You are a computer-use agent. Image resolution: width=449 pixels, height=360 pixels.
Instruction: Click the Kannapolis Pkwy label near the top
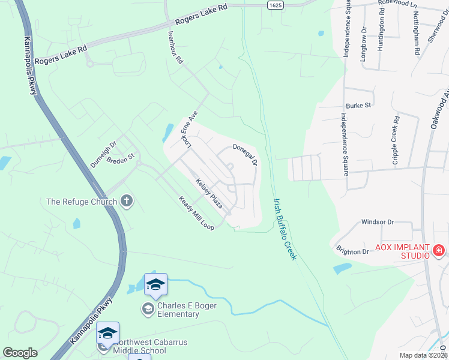(31, 65)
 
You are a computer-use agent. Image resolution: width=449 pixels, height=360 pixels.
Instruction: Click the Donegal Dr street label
(245, 154)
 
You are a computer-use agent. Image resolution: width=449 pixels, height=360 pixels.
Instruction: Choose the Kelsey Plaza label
(209, 193)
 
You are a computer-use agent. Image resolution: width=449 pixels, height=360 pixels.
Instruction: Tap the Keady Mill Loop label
(196, 214)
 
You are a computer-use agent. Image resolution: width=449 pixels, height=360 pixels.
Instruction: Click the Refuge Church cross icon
(127, 201)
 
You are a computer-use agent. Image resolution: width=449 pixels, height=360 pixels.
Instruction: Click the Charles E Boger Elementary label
(187, 310)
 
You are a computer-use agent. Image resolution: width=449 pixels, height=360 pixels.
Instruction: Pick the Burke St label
(359, 105)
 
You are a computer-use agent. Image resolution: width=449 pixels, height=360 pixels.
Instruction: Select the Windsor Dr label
(377, 222)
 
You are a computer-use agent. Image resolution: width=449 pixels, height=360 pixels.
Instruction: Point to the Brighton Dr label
(352, 251)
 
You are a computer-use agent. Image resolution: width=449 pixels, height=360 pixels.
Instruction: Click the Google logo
(20, 353)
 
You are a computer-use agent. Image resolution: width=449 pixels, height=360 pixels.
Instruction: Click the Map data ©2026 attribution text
(423, 355)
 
